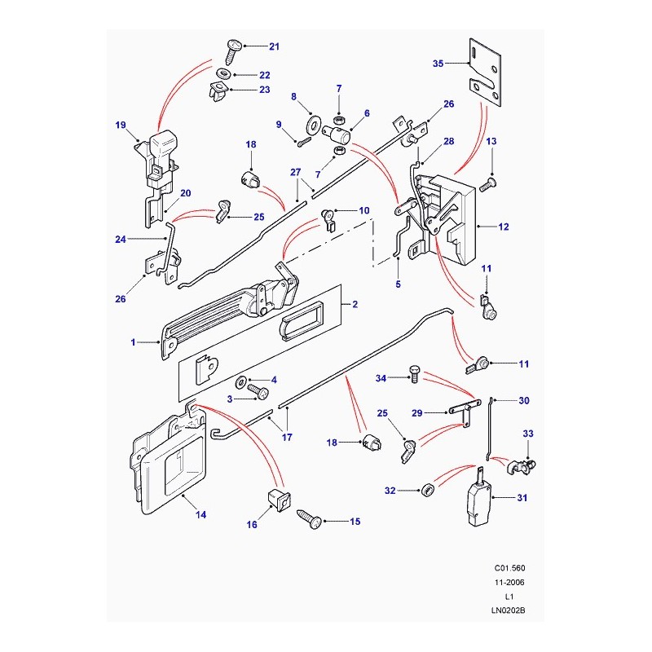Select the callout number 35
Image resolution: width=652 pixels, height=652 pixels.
click(437, 62)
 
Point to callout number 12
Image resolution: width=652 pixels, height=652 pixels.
click(504, 227)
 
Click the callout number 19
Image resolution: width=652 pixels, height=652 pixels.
click(121, 126)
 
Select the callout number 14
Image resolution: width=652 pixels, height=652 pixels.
click(200, 514)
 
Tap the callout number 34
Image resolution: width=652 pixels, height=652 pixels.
click(380, 378)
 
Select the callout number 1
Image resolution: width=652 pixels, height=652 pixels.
click(133, 343)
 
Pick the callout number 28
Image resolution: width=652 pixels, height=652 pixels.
click(448, 141)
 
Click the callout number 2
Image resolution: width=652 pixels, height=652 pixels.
click(355, 304)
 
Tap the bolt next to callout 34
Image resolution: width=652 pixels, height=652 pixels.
click(411, 377)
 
